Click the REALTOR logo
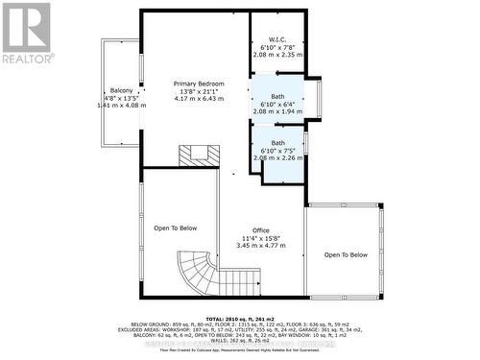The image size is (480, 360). click(26, 34)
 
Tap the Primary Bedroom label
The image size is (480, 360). click(199, 84)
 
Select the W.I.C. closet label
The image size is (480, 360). click(279, 39)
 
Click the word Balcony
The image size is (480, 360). click(121, 90)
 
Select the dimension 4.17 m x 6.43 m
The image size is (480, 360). click(199, 99)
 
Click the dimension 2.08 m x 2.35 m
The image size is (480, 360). click(279, 55)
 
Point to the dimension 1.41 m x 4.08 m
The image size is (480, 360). click(122, 106)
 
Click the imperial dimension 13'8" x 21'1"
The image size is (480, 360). click(199, 91)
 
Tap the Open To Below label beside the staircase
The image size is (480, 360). click(176, 228)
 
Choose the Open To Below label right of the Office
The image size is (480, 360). click(346, 254)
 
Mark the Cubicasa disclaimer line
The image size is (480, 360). click(240, 352)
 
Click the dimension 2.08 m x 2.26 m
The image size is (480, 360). click(279, 158)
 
